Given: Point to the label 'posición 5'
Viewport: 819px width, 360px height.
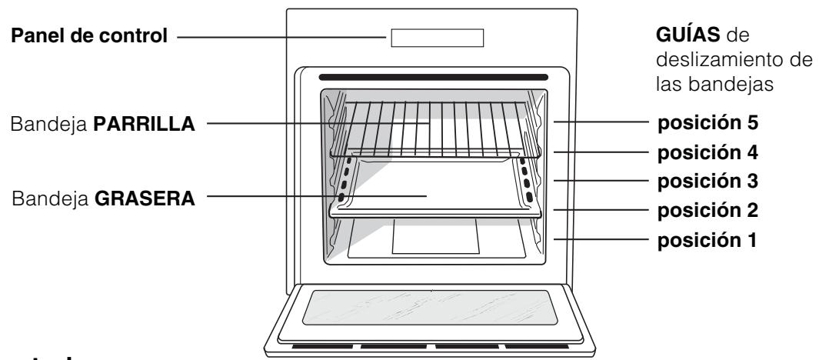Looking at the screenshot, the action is pos(707,122).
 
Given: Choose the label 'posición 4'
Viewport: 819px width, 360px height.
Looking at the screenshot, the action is pos(707,152).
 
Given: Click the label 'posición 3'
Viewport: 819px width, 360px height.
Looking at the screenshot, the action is pos(707,182).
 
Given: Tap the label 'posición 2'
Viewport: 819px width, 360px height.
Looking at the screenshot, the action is pos(707,210).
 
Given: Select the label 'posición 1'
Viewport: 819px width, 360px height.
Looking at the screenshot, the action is pos(707,240).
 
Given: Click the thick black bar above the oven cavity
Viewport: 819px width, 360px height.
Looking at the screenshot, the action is pos(434,77).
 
